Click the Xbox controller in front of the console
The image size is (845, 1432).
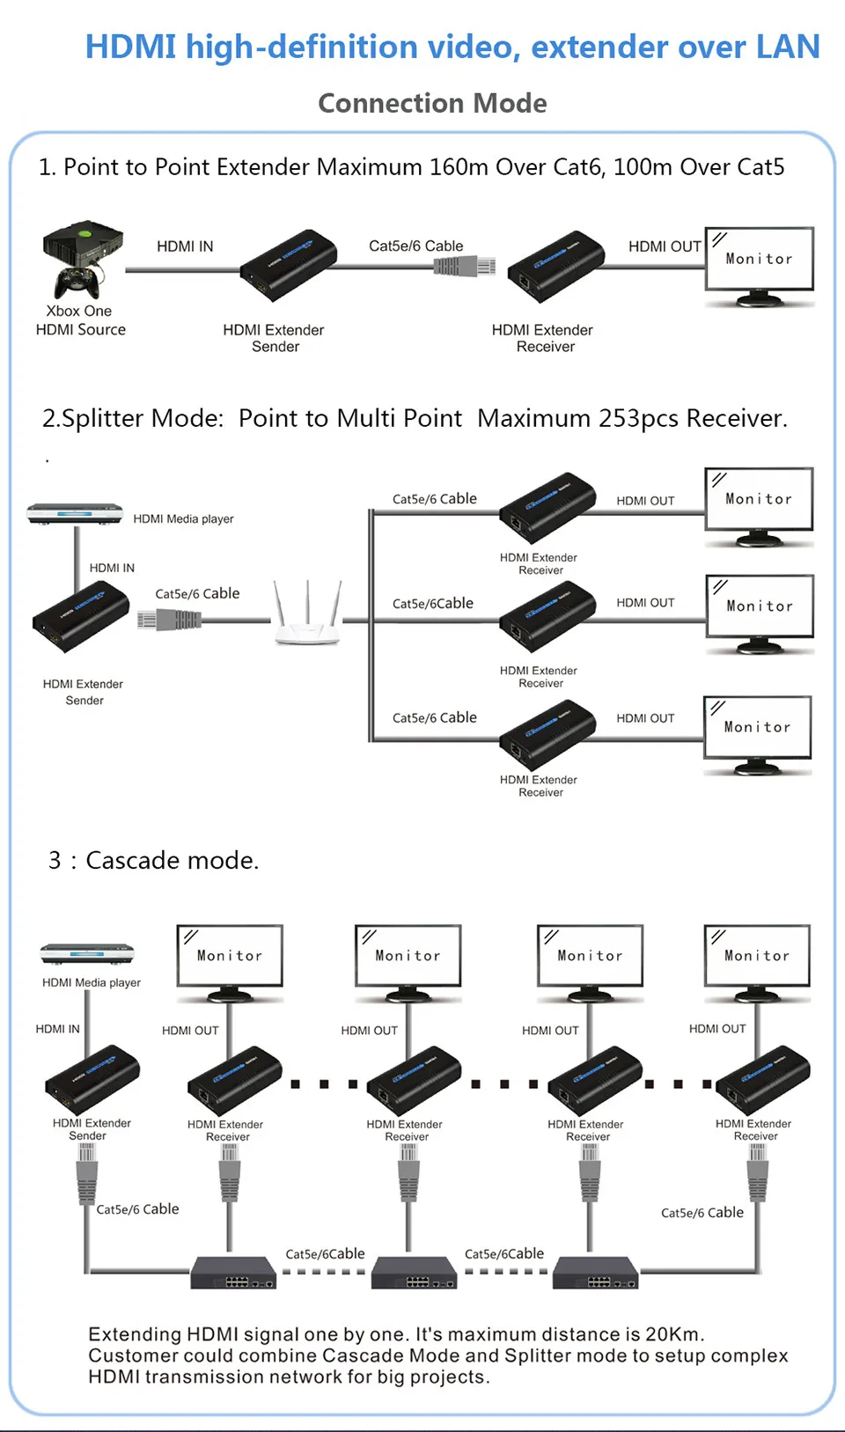click(x=77, y=283)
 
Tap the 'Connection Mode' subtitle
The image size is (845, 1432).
click(x=432, y=103)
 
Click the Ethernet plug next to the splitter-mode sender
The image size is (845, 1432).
click(x=169, y=621)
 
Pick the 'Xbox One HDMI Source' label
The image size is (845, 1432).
click(x=80, y=320)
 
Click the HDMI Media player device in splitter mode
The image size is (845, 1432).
click(x=75, y=513)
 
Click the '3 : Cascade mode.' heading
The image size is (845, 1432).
click(x=154, y=860)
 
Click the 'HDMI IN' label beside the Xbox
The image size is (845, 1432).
click(x=185, y=246)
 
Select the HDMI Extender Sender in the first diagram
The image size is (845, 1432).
click(x=289, y=265)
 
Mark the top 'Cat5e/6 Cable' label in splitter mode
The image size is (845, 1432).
click(x=435, y=498)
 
